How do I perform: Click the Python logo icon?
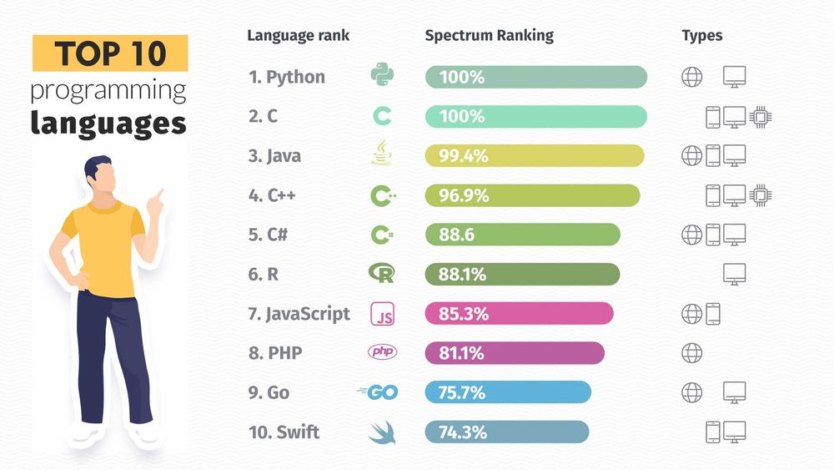coord(382,76)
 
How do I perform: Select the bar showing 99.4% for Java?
coord(535,156)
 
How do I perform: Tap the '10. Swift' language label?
coord(284,432)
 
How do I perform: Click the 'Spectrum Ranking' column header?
coord(489,35)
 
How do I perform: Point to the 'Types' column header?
coord(701,35)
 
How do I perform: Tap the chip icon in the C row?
coord(759,117)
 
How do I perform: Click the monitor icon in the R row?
coord(734,274)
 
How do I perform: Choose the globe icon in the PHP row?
coord(692,353)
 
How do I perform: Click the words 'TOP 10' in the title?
coord(110,54)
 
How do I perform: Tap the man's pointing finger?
coord(158,193)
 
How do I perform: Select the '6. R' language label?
coord(263,274)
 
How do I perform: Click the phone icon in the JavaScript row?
coord(713,314)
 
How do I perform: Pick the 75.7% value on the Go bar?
coord(462,392)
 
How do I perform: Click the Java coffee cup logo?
coord(382,155)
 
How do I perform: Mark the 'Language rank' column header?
coord(298,35)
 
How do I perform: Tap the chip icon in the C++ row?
coord(759,195)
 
